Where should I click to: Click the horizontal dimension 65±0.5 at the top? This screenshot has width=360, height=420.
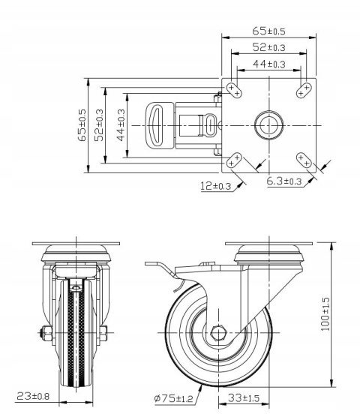(x=269, y=31)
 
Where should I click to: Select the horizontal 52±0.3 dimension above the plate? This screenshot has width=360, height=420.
(x=269, y=48)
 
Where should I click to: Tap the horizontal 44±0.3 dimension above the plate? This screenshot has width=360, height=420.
(x=269, y=64)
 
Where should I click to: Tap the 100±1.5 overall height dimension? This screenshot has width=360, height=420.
(x=325, y=316)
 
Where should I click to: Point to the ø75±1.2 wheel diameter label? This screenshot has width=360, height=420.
(x=173, y=397)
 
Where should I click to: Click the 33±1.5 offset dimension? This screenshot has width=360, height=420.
(x=244, y=397)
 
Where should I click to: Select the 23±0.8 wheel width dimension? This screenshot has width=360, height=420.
(x=33, y=395)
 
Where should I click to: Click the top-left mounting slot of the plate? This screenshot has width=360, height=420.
(x=235, y=90)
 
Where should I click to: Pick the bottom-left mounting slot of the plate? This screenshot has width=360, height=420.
(x=235, y=158)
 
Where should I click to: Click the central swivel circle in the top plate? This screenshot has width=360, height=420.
(x=269, y=124)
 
